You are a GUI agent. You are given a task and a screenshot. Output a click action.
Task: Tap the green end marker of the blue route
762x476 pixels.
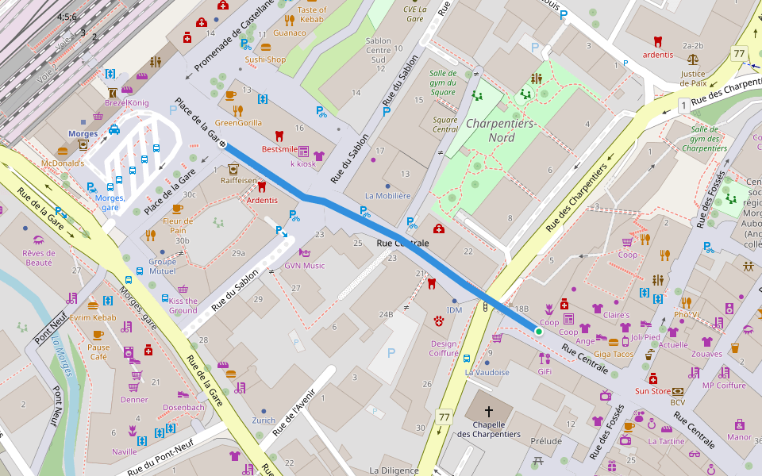point(538,331)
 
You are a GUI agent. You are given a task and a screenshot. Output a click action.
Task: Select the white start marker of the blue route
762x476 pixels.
point(222,144)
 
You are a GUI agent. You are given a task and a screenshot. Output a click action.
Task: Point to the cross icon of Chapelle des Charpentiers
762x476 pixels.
point(488,412)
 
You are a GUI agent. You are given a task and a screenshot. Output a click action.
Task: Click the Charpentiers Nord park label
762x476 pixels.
point(500,131)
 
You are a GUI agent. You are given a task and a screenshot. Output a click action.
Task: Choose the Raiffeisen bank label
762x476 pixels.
point(239,180)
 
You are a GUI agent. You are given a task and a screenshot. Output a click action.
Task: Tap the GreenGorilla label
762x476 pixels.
point(238,123)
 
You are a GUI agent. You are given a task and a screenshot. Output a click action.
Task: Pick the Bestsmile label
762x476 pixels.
point(279,148)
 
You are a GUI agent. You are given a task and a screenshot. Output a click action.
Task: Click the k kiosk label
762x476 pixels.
point(302,163)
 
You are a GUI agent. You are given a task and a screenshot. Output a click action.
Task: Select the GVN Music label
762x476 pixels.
point(305,265)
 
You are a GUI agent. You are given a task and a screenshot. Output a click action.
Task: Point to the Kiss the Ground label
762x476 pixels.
point(183,305)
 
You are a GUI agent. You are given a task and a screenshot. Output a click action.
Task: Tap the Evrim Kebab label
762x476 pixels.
point(93,317)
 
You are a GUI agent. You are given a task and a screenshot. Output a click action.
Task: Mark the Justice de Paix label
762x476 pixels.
point(693,78)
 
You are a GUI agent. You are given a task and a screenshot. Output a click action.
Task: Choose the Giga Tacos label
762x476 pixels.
point(613,354)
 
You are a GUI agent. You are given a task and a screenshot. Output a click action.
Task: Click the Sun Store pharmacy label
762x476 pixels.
point(652,391)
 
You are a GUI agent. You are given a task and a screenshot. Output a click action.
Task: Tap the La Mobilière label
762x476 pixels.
point(387,195)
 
